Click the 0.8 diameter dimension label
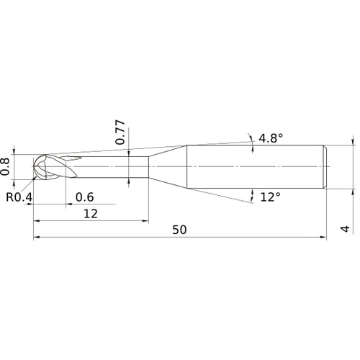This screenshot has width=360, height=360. pyautogui.click(x=6, y=166)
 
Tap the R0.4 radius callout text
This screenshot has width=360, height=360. pyautogui.click(x=19, y=197)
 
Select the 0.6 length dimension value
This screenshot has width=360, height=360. pyautogui.click(x=84, y=197)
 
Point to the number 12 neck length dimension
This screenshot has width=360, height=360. pyautogui.click(x=90, y=214)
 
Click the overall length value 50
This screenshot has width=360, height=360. pyautogui.click(x=180, y=230)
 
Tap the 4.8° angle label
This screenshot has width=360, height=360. pyautogui.click(x=271, y=138)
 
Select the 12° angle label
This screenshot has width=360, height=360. pyautogui.click(x=269, y=197)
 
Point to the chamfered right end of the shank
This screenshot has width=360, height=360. pyautogui.click(x=327, y=166)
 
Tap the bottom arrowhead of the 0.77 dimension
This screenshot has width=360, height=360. pyautogui.click(x=127, y=177)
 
